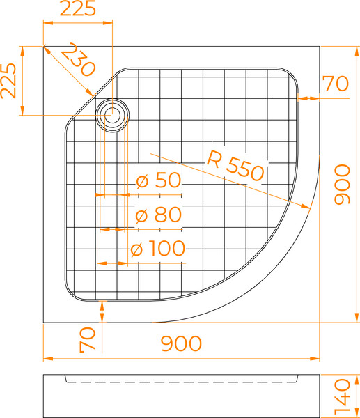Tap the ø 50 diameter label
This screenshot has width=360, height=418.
[x=158, y=181]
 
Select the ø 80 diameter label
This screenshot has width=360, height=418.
[x=158, y=215]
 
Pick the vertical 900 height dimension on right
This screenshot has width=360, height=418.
[x=343, y=185]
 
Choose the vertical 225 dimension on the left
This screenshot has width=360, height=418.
[x=9, y=81]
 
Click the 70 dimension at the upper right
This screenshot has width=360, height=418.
[x=335, y=84]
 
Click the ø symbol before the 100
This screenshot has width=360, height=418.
[x=136, y=249]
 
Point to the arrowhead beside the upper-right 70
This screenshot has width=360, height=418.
[x=302, y=98]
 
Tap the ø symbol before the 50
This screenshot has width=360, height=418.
[x=142, y=181]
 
